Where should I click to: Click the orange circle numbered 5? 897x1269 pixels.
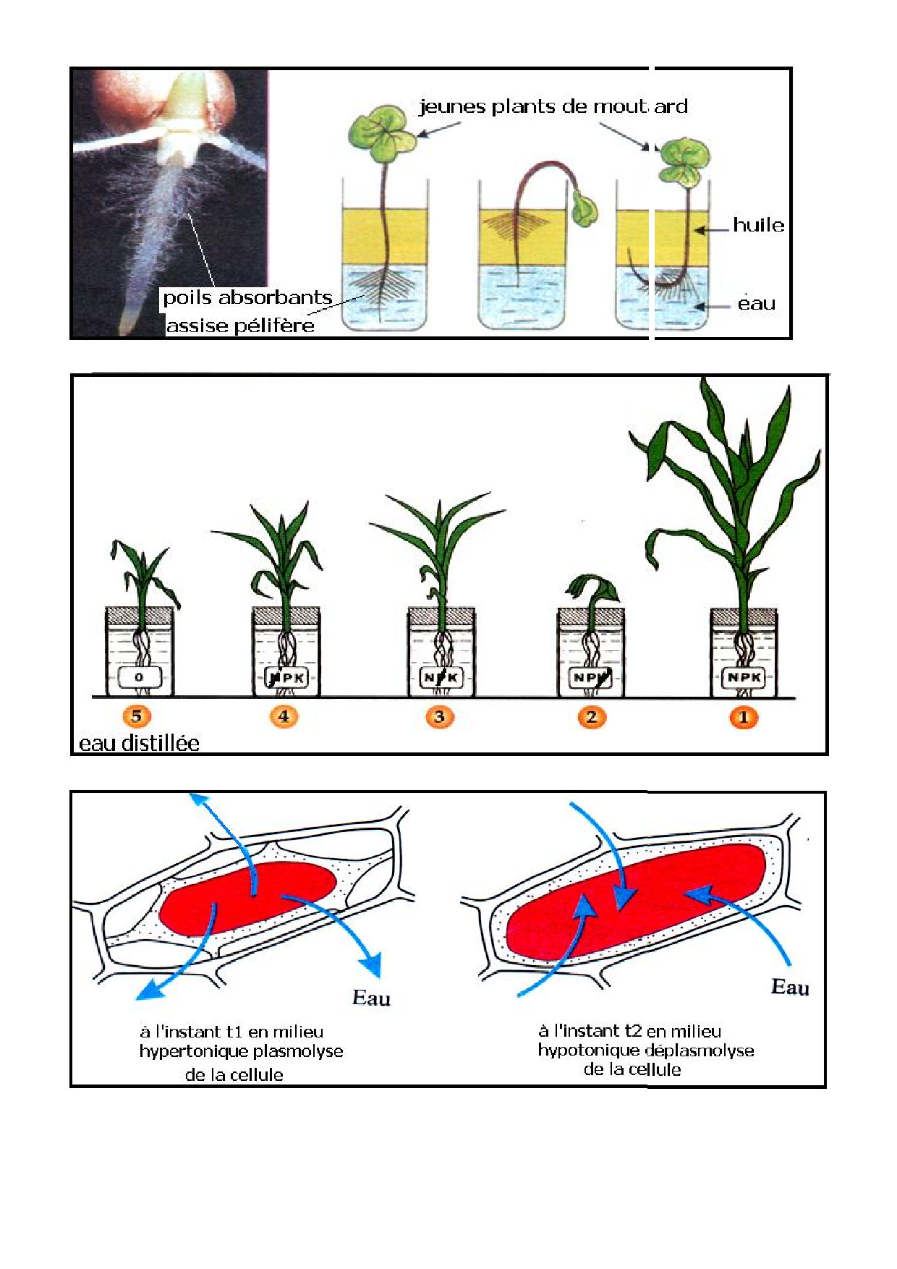tap(137, 716)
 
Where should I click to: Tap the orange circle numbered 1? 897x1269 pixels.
tap(743, 717)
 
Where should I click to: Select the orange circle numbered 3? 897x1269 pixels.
tap(439, 717)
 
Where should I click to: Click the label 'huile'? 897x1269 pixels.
tap(758, 225)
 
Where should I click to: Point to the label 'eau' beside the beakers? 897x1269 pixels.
tap(756, 304)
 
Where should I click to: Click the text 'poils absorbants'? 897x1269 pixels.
tap(247, 297)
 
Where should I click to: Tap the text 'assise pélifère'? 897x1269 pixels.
tap(240, 326)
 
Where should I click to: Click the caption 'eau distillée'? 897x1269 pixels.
tap(139, 743)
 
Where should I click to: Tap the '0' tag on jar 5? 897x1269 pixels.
tap(139, 678)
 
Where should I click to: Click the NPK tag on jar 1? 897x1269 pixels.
tap(744, 678)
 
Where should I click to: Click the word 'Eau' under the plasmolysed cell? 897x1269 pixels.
tap(371, 998)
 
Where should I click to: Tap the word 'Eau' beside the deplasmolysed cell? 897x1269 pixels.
tap(790, 988)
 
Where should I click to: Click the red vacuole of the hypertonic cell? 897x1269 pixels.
tap(246, 897)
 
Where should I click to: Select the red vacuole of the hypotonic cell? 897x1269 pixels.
tap(637, 901)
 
